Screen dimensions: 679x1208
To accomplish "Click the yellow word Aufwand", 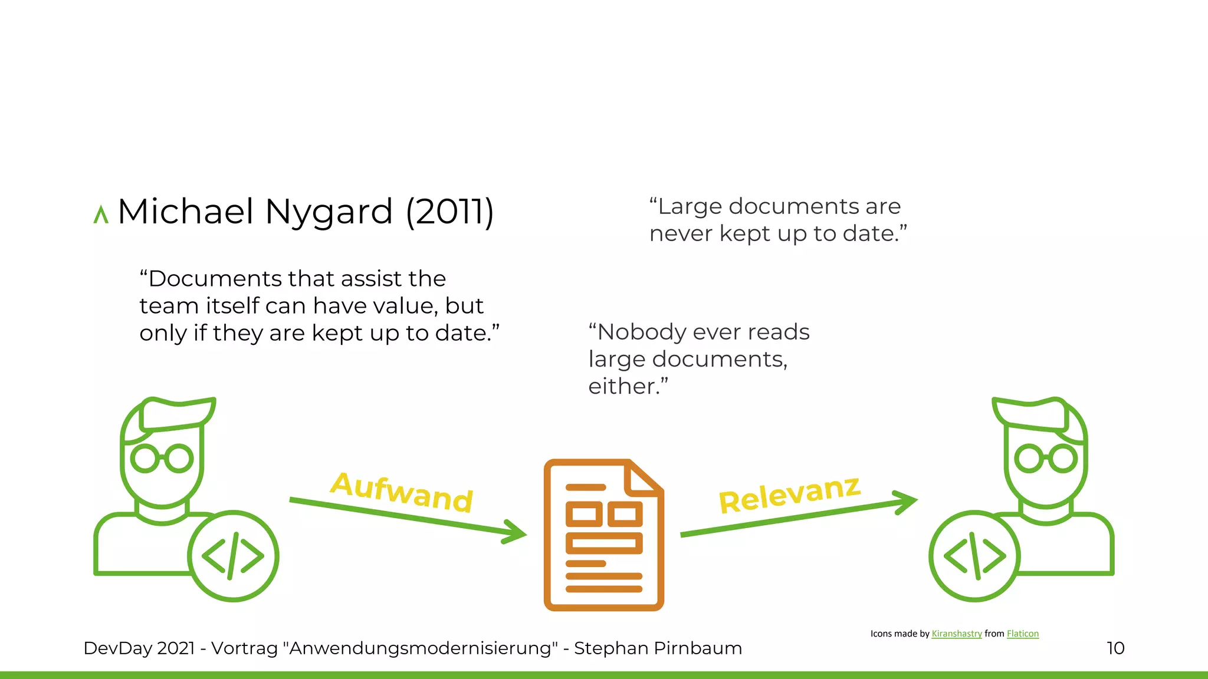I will (402, 493).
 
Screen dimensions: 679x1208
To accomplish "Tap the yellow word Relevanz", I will (789, 495).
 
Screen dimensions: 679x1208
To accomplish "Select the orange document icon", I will (603, 535).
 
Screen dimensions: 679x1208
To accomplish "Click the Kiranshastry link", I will (956, 634).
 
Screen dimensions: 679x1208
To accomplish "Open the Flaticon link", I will (1022, 634).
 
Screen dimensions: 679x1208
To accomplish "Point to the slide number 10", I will (1115, 648).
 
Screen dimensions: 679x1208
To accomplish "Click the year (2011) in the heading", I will (449, 212).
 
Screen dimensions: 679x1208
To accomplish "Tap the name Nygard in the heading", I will (329, 212).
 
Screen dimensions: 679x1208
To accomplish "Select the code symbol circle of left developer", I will (233, 556).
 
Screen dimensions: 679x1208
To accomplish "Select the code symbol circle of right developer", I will (974, 556).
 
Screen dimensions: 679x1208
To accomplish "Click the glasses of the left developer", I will (162, 459).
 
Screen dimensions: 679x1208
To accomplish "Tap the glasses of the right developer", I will (1046, 459).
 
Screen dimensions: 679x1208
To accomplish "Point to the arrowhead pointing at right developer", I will (906, 501).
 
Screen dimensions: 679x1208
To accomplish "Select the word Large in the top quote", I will (690, 207).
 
